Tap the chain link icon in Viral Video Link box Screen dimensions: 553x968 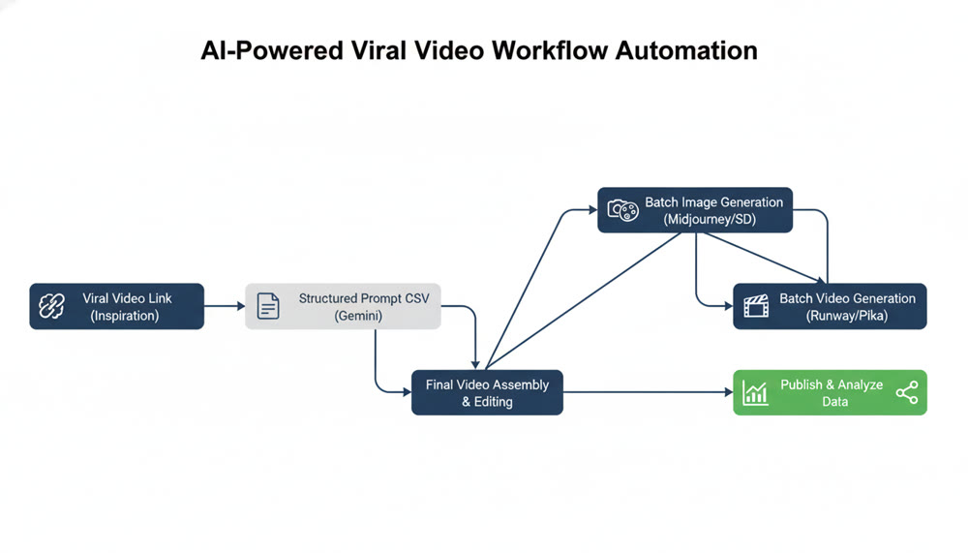[x=50, y=307]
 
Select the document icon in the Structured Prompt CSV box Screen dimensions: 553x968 [x=267, y=307]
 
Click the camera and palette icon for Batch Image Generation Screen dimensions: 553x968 [x=622, y=210]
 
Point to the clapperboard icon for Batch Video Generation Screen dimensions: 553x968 [x=756, y=307]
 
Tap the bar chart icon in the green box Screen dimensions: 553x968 [x=755, y=393]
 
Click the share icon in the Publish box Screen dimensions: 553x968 [x=907, y=392]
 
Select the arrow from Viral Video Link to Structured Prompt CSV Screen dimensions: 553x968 [x=225, y=306]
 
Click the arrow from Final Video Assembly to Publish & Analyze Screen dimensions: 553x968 [x=649, y=392]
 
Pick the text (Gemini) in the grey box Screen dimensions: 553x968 [x=360, y=317]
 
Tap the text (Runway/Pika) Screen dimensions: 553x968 [x=847, y=316]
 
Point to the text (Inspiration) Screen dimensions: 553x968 [x=125, y=316]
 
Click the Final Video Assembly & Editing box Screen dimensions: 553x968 [x=487, y=392]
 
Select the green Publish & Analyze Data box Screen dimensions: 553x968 [x=830, y=392]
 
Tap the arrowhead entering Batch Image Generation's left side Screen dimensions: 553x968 [x=591, y=208]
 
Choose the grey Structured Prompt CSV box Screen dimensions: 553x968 [x=343, y=307]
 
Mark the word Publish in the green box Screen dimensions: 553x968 [x=802, y=384]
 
